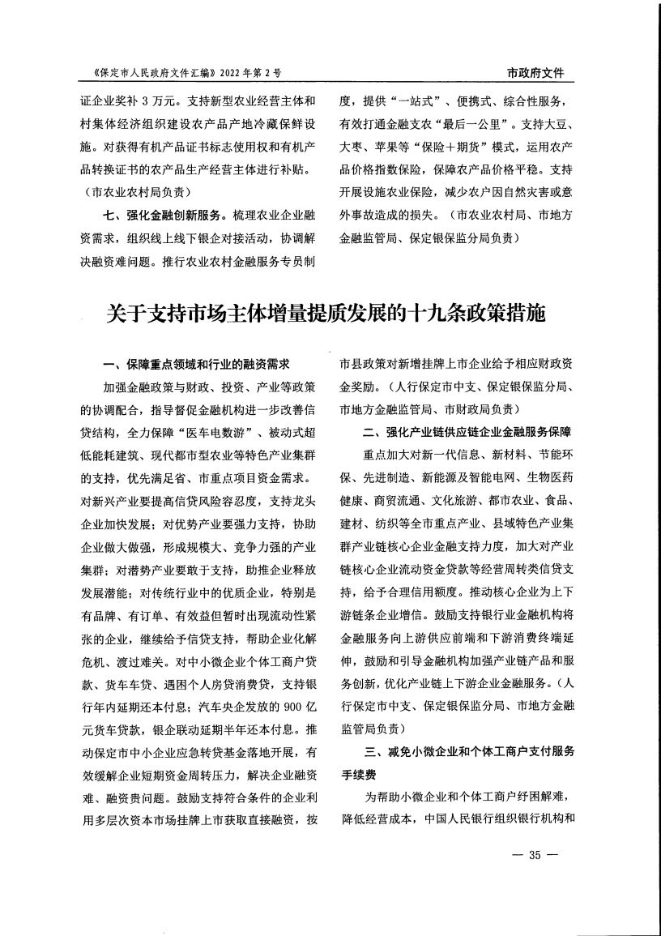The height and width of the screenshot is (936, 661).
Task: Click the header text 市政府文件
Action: click(535, 73)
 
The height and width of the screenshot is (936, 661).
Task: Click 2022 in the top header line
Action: click(229, 73)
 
